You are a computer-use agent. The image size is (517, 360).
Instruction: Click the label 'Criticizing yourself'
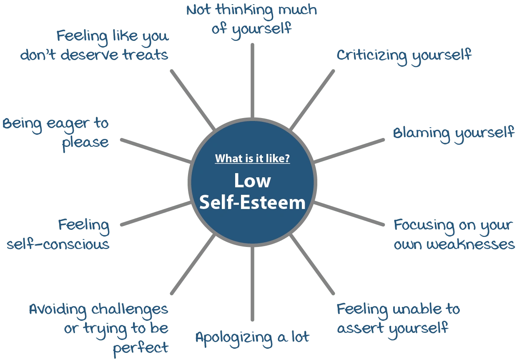[x=404, y=55]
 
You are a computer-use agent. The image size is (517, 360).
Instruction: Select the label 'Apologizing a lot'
[x=252, y=337]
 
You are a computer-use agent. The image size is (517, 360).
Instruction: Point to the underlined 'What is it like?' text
[x=252, y=159]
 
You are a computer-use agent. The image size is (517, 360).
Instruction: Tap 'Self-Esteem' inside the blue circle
[x=252, y=203]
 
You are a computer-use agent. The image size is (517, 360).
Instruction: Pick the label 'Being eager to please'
[x=56, y=133]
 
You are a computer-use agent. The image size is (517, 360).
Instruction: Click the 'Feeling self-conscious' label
[x=58, y=234]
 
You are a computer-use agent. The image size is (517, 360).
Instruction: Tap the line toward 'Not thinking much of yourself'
[x=253, y=79]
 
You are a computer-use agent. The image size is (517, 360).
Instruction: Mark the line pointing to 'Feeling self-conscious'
[x=153, y=214]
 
